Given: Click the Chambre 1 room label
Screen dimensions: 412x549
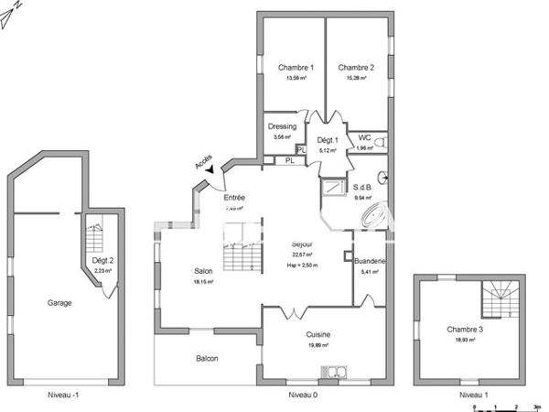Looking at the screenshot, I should [x=296, y=68].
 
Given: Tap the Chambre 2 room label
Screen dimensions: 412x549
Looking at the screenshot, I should [x=356, y=68].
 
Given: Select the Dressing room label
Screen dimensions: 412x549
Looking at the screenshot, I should [x=282, y=127].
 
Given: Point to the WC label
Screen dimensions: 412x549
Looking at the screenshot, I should [x=364, y=138].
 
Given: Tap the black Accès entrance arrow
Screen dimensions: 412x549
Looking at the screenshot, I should [x=210, y=168].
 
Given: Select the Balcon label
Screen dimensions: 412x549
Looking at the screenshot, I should [x=207, y=358].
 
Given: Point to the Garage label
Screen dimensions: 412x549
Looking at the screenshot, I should [x=59, y=302].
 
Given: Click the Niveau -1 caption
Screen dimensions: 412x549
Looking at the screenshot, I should [x=65, y=396].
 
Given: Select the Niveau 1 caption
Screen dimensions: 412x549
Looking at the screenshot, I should [x=474, y=396].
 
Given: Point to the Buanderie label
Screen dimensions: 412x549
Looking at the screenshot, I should [x=371, y=261].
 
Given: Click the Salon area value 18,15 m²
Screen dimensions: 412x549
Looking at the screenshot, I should [x=203, y=283].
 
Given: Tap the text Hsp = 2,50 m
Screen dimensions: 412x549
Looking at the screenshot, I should [x=301, y=266].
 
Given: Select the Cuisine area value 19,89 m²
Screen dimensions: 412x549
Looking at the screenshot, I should [x=319, y=346].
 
